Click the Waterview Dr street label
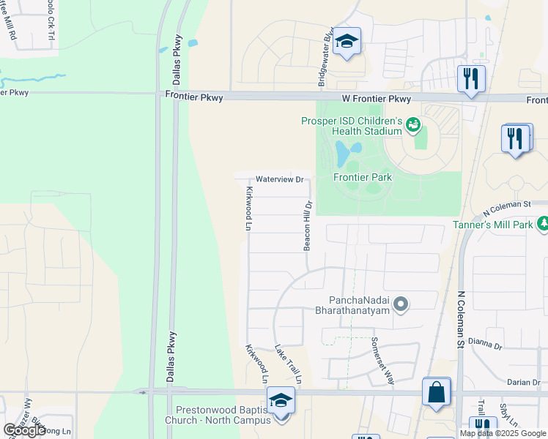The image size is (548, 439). click(x=278, y=179)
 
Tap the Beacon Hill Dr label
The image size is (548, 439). click(x=309, y=226)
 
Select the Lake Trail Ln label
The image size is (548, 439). click(x=289, y=364)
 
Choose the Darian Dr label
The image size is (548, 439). click(x=523, y=382)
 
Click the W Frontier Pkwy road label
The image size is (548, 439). click(x=375, y=99)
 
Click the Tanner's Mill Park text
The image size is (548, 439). click(x=492, y=225)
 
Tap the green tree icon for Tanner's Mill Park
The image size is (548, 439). click(x=543, y=223)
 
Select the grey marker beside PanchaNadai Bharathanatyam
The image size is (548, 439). click(x=400, y=303)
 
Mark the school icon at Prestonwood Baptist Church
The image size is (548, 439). click(x=280, y=402)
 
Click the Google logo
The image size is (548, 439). click(x=24, y=430)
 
